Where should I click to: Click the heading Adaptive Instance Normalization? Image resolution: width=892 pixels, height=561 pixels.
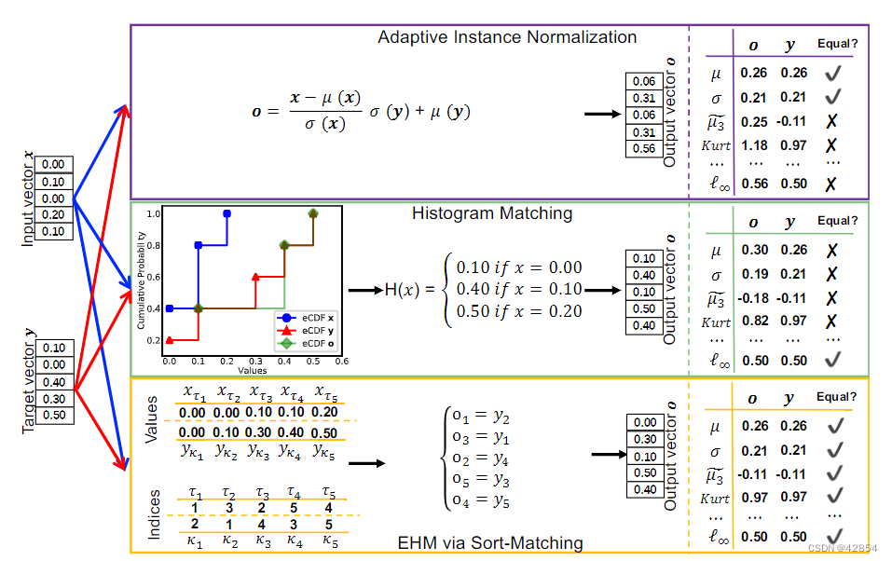pyautogui.click(x=507, y=37)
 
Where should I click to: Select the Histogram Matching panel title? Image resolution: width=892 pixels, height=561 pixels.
pyautogui.click(x=492, y=213)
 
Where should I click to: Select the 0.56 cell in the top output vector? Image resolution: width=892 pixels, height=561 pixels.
pyautogui.click(x=643, y=149)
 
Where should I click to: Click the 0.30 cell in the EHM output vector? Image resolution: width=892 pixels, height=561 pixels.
pyautogui.click(x=643, y=439)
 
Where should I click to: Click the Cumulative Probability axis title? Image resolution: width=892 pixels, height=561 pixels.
pyautogui.click(x=142, y=280)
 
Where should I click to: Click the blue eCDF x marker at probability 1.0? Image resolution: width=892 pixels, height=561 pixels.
pyautogui.click(x=226, y=214)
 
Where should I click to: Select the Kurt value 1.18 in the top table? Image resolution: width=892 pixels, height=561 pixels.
pyautogui.click(x=753, y=145)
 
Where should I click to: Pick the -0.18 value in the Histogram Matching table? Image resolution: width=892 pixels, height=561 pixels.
pyautogui.click(x=753, y=298)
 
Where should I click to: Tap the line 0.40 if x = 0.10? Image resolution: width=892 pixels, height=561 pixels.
pyautogui.click(x=518, y=289)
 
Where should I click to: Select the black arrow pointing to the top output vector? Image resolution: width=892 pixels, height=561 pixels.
pyautogui.click(x=602, y=115)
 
